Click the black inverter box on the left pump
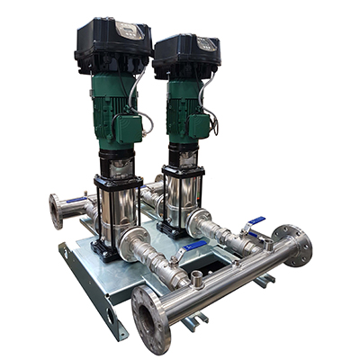point(112,45)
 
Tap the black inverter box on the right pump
point(186,54)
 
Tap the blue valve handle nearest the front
point(193,247)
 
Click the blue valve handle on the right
point(256,221)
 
